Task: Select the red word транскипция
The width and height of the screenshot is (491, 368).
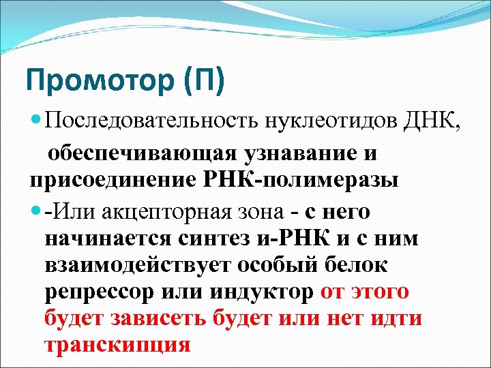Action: tap(117, 345)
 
